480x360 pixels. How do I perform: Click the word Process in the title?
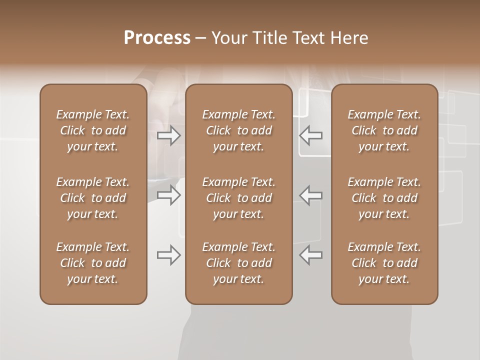point(157,38)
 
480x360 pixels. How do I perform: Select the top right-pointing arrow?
point(169,135)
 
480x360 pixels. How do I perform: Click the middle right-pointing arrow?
point(169,195)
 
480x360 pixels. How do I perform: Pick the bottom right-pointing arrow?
point(169,255)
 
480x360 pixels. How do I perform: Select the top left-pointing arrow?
point(311,135)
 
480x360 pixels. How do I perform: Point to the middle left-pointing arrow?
point(311,195)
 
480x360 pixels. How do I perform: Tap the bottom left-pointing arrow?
point(311,255)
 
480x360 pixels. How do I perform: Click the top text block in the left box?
point(93,130)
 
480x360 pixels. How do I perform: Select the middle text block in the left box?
point(93,198)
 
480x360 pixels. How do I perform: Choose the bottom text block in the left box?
point(93,263)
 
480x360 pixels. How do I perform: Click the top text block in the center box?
point(239,130)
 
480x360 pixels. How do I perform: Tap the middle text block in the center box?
point(239,198)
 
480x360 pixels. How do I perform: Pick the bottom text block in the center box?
point(239,263)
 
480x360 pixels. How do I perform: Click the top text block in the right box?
point(384,130)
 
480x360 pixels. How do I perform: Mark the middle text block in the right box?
point(384,198)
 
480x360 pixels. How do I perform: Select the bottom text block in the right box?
point(384,263)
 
